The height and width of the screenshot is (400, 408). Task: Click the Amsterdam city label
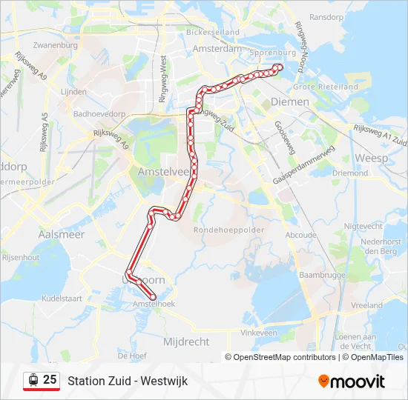[x=217, y=48]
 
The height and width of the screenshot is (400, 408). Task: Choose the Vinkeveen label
[x=259, y=333]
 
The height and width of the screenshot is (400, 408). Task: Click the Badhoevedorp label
[x=99, y=115]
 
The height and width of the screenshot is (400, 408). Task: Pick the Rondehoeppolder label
[x=228, y=230]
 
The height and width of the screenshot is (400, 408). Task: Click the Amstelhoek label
[x=154, y=304]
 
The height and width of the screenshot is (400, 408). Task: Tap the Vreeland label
[x=367, y=305]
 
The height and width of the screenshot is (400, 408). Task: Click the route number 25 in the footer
[x=50, y=380]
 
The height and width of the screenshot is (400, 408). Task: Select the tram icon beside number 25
[x=33, y=380]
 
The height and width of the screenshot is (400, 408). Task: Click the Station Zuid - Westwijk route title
[x=128, y=381]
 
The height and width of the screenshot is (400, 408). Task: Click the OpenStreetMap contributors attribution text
[x=284, y=357]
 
